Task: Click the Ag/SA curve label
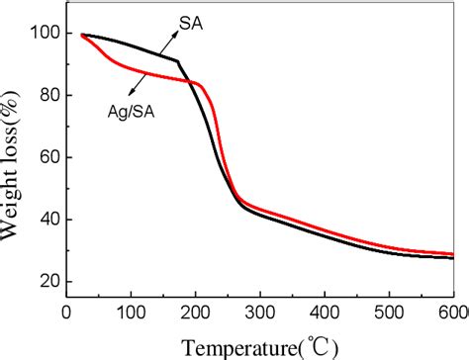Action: coord(132,113)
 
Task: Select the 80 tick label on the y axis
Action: coord(45,96)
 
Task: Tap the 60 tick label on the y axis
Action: coord(45,157)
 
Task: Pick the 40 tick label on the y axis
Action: coord(45,220)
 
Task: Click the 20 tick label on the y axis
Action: coord(45,282)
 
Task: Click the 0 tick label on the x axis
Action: coord(66,311)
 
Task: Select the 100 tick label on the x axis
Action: coord(131,311)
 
